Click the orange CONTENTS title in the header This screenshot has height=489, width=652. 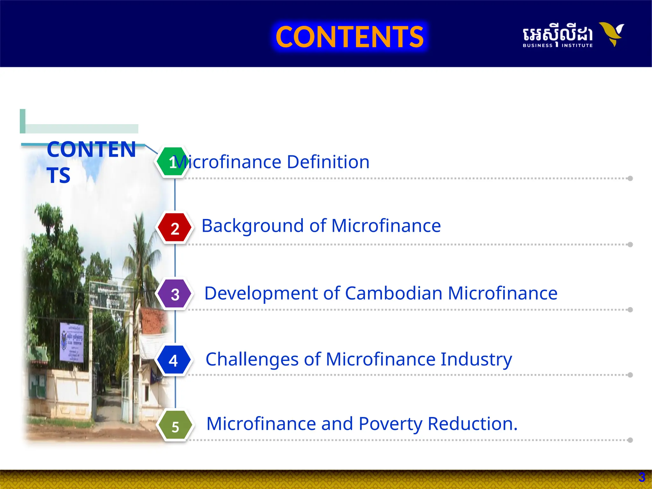click(350, 37)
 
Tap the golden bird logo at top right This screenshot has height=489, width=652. click(612, 33)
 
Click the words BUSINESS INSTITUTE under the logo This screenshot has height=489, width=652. click(557, 46)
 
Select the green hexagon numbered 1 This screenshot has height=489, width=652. click(173, 162)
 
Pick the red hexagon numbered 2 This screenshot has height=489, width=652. click(175, 228)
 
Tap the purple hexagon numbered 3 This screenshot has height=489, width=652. click(175, 294)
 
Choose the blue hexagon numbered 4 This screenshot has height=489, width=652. click(174, 360)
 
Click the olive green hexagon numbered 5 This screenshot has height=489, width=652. click(175, 426)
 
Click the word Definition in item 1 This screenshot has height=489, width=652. click(328, 162)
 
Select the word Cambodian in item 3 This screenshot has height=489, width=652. click(393, 293)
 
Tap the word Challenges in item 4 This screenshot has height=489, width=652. click(252, 360)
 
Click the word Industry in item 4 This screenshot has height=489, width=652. click(476, 360)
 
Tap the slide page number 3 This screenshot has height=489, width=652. click(641, 477)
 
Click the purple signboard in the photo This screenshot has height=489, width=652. click(72, 342)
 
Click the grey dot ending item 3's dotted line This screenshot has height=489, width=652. click(630, 310)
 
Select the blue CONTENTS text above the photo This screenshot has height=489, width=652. click(91, 162)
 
